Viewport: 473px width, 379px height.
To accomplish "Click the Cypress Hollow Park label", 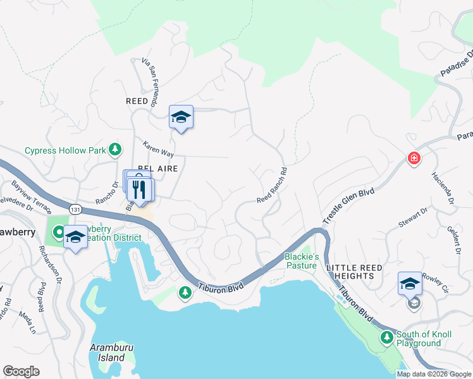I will (x=64, y=150).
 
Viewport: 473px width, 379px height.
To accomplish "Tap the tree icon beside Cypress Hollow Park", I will (x=115, y=149).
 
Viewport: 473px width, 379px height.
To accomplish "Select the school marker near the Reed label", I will (x=181, y=116).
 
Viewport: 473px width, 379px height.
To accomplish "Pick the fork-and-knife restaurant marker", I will (x=140, y=189).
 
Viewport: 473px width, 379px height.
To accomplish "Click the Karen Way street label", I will (x=158, y=148).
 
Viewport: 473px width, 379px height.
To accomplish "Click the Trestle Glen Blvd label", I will (x=349, y=205).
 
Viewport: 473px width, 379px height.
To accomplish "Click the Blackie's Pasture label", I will (x=301, y=261).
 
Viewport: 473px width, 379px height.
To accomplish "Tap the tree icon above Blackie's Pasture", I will (x=309, y=248).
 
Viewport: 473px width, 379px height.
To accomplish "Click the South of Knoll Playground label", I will (x=418, y=339).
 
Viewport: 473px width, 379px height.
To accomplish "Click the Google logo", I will (x=21, y=371).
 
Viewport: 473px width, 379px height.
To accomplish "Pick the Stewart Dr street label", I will (x=414, y=222).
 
